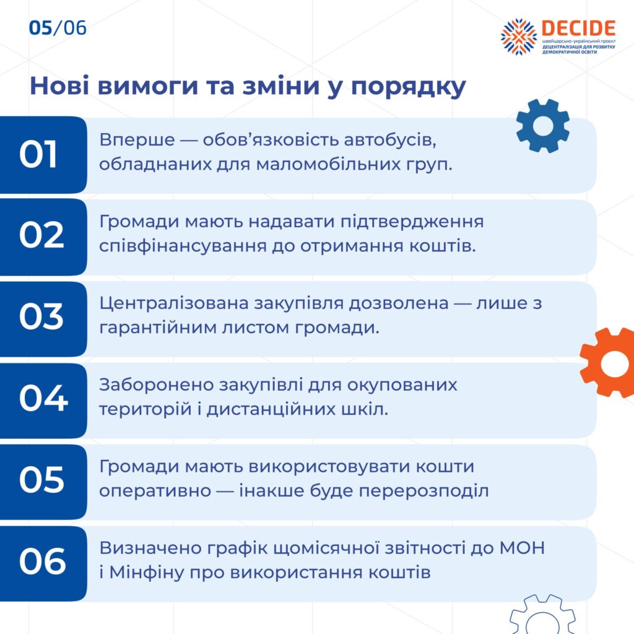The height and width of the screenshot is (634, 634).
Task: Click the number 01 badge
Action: point(43,155)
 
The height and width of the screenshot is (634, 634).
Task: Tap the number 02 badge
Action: point(43,237)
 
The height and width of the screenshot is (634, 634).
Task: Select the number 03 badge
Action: point(43,319)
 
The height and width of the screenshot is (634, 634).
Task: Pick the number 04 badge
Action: point(43,401)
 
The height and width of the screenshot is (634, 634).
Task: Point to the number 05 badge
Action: point(43,482)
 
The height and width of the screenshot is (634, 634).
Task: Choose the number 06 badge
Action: point(43,563)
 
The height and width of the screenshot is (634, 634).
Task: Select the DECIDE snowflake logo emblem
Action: point(519,37)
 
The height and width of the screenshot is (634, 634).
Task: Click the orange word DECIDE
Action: point(578,28)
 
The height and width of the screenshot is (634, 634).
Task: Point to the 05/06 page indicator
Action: point(58,28)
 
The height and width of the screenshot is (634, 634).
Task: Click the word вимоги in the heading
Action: point(148,86)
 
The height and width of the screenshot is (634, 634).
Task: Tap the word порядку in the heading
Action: point(409,87)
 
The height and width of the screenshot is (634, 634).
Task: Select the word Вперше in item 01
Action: point(137,140)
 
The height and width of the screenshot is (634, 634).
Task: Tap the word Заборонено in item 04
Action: point(157,385)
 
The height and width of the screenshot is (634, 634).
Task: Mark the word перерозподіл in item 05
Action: point(423,491)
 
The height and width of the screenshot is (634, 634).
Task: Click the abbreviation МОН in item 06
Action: point(522,549)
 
